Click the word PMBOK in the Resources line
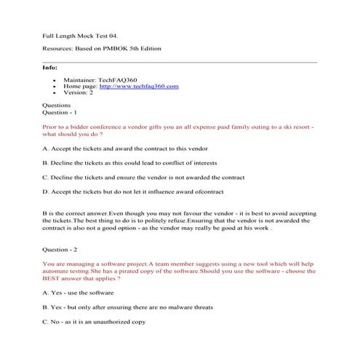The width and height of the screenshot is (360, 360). (x=114, y=49)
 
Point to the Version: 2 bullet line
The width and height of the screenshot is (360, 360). (x=79, y=93)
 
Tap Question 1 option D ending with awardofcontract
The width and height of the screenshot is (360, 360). (x=134, y=192)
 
